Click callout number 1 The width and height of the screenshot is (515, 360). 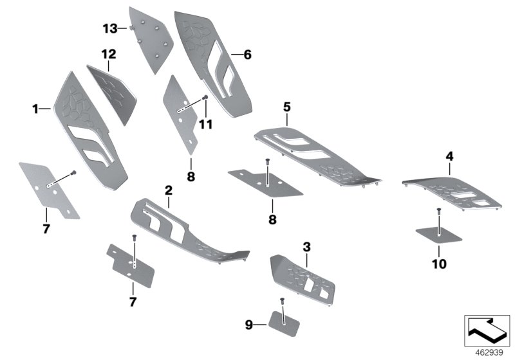35,110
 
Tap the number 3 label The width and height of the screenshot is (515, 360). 307,246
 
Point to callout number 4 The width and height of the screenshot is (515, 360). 449,156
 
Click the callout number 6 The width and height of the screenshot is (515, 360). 247,55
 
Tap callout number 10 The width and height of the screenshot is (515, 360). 438,264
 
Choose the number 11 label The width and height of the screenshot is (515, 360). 205,125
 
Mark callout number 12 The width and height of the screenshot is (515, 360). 108,54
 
